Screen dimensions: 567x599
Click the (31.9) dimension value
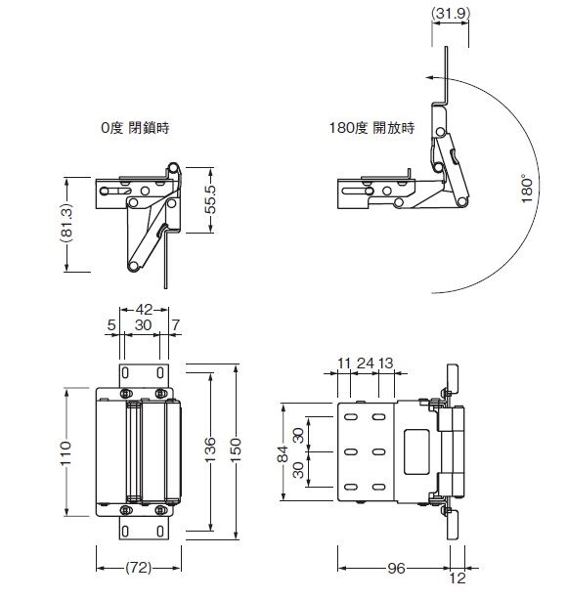click(x=451, y=13)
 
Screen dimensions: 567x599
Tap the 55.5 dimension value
click(x=210, y=199)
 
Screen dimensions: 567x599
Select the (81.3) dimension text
click(x=66, y=224)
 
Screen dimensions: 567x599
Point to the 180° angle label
click(x=527, y=189)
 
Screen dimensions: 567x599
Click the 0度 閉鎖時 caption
click(x=135, y=127)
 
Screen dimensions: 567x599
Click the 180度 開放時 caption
click(x=371, y=127)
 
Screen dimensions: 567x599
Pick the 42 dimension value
click(x=144, y=309)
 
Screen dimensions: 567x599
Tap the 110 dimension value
click(x=65, y=452)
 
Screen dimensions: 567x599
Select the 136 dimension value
click(x=210, y=449)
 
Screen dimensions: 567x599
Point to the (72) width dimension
click(x=138, y=568)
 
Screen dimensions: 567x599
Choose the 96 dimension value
click(x=396, y=568)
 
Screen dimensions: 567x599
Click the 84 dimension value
click(x=283, y=453)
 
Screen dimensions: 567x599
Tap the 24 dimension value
click(x=366, y=363)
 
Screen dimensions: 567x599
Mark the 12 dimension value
click(x=457, y=578)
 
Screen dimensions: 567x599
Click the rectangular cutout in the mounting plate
click(x=416, y=451)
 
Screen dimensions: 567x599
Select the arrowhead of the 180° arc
click(x=430, y=77)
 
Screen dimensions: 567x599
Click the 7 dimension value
click(x=175, y=325)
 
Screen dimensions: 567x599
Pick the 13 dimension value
click(x=385, y=363)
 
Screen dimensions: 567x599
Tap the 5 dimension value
click(x=111, y=325)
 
